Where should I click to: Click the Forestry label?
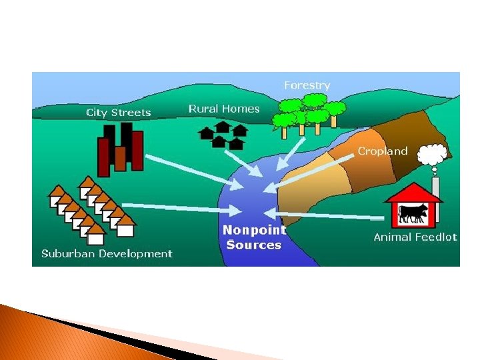(x=307, y=85)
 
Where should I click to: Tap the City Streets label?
(x=119, y=113)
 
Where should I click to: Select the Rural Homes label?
(x=224, y=108)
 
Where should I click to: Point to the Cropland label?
(x=383, y=151)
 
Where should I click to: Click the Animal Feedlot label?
(x=415, y=237)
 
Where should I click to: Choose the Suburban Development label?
(x=107, y=253)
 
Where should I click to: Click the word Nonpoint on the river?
(x=254, y=230)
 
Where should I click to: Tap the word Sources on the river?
(x=254, y=245)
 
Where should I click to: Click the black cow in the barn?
(x=414, y=213)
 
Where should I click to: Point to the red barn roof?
(x=414, y=192)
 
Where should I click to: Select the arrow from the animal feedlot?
(x=327, y=215)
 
